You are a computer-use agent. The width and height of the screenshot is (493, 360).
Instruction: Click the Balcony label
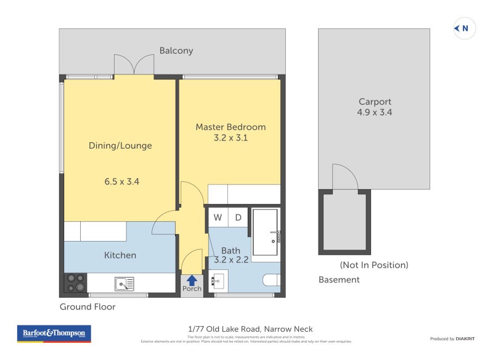pos(176,51)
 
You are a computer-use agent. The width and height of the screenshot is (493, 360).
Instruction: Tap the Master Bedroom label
pos(230,127)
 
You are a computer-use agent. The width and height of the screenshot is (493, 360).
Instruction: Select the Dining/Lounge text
pos(120,145)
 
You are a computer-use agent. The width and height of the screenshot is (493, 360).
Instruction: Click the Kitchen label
pos(120,255)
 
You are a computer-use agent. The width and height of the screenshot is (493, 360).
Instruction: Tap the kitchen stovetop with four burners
pos(76,283)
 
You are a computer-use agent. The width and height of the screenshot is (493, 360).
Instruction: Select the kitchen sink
pos(124,284)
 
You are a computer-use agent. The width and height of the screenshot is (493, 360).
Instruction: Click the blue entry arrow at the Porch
pos(192,280)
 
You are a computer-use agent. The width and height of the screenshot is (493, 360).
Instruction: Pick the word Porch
pos(192,288)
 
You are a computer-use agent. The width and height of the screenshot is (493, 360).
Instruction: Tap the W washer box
pos(218,217)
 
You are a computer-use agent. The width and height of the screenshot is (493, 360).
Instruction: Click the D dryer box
pos(238,217)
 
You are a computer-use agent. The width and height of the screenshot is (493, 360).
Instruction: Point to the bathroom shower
pos(265,232)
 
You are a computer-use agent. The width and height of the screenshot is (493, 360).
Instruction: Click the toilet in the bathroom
pos(272,280)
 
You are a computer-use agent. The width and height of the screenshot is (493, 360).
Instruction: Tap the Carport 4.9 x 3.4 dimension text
pos(375,112)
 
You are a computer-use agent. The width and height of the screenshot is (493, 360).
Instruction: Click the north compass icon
pos(464,28)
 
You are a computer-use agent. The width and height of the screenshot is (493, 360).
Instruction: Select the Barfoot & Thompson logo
pos(54,333)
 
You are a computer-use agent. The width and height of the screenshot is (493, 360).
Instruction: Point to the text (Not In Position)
pos(374,265)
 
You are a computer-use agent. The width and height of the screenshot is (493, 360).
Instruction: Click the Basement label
pos(339,279)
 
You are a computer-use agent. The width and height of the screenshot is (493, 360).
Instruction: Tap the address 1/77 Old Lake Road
pos(250,329)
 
